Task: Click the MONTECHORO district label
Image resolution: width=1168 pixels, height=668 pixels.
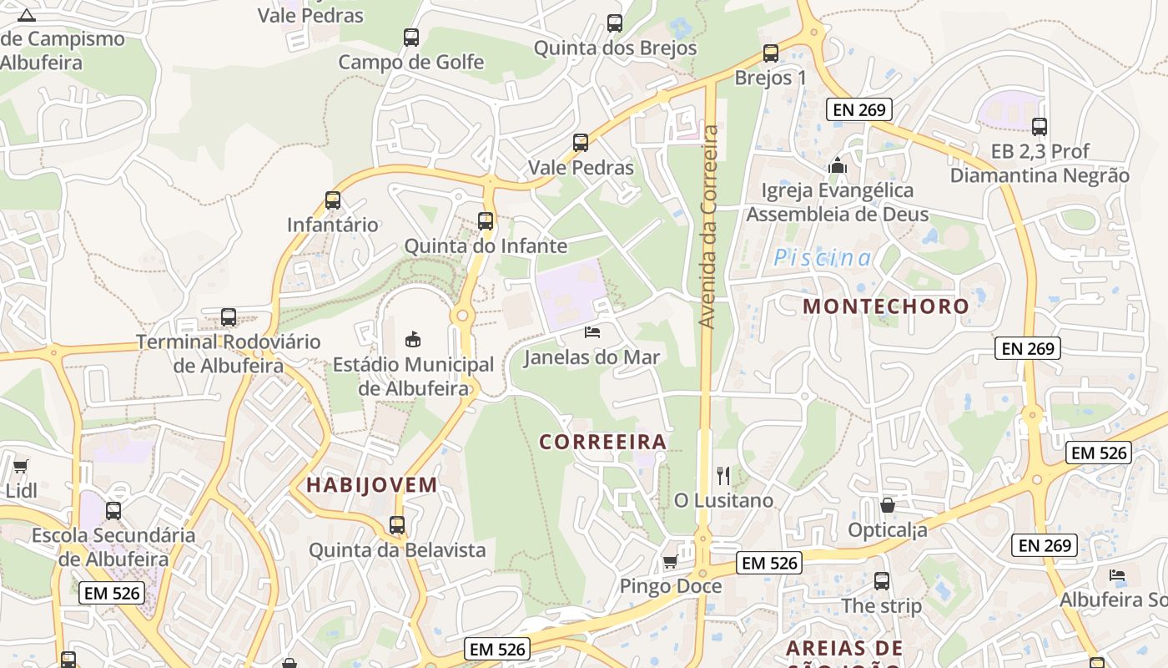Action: [886, 306]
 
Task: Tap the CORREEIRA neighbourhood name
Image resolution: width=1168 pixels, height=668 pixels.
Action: [602, 442]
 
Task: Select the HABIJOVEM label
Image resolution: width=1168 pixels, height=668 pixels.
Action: [371, 485]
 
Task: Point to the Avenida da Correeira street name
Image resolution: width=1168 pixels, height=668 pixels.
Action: [709, 227]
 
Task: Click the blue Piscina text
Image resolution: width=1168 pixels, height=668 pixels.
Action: [823, 258]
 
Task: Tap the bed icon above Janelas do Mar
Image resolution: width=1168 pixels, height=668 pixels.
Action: [592, 332]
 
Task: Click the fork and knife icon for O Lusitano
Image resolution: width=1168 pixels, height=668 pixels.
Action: [723, 476]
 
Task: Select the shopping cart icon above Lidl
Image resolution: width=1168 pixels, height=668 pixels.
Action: [20, 466]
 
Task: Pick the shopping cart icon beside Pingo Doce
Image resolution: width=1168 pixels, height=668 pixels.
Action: [669, 562]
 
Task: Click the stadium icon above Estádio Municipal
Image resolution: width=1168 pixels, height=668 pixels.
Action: [412, 338]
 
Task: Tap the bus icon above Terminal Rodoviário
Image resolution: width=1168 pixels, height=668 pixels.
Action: [228, 317]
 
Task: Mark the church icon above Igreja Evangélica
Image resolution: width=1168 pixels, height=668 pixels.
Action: [838, 165]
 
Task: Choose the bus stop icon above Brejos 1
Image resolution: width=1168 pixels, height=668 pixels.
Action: [771, 53]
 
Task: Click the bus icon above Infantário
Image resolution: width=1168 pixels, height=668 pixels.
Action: [333, 200]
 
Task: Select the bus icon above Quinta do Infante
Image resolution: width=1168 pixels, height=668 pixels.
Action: [486, 221]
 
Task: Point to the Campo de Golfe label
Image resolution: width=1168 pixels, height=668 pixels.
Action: [410, 62]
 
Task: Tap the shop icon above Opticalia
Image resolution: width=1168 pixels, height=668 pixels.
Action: [888, 505]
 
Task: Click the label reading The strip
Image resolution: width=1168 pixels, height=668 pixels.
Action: [882, 606]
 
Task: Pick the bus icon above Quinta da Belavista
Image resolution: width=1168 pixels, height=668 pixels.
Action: [397, 525]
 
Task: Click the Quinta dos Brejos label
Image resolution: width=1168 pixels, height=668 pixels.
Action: [615, 48]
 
